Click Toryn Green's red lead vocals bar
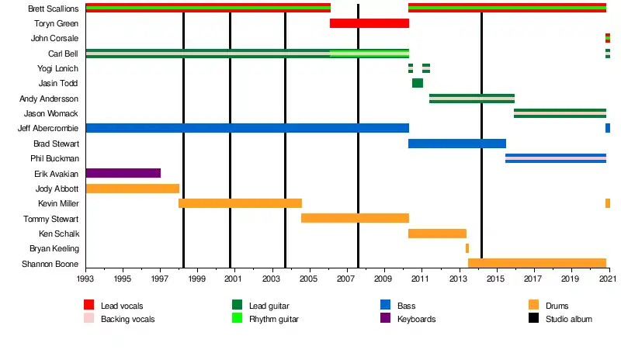(x=369, y=23)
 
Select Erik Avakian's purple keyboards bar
(x=123, y=173)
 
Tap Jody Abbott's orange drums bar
(x=132, y=189)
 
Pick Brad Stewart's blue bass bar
(x=456, y=144)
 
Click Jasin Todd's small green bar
(x=418, y=83)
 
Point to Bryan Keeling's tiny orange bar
(x=467, y=248)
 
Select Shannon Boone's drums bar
(x=536, y=263)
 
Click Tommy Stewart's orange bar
(x=355, y=218)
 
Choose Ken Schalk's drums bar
(x=437, y=234)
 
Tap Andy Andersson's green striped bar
(x=471, y=99)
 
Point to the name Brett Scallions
(x=53, y=9)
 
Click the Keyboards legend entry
(x=416, y=319)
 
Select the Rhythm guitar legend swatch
(x=238, y=319)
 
